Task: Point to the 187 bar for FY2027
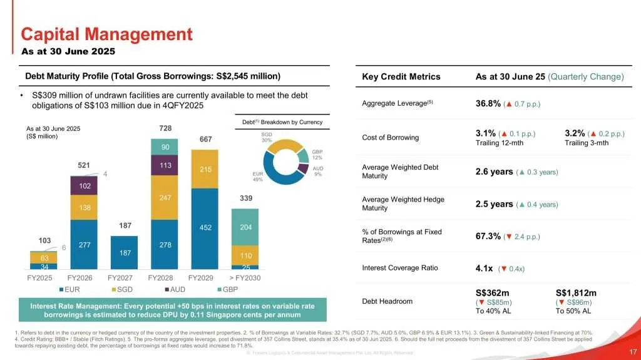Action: [125, 252]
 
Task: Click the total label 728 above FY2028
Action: [165, 128]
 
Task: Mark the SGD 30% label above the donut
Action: [267, 136]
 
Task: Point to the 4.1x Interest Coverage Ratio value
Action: [486, 269]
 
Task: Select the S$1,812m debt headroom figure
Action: [576, 292]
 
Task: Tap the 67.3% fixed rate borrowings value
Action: [488, 236]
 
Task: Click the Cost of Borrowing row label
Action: [391, 137]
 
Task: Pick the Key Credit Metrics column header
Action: [401, 76]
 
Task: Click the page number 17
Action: [632, 351]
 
